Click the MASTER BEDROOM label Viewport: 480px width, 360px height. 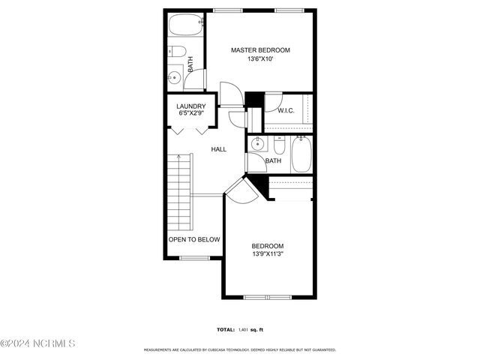[x=259, y=50]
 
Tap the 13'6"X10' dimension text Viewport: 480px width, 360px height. [x=259, y=59]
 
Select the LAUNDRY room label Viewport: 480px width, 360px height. [x=191, y=106]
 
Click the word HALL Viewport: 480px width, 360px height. [x=218, y=149]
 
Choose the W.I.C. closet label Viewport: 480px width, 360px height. [x=286, y=111]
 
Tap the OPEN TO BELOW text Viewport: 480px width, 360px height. [x=193, y=239]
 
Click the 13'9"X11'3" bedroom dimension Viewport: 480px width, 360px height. [x=267, y=254]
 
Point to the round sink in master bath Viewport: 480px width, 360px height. [x=175, y=76]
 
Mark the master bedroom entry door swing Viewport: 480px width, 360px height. [x=232, y=94]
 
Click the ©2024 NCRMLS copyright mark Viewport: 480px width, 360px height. [x=38, y=343]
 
